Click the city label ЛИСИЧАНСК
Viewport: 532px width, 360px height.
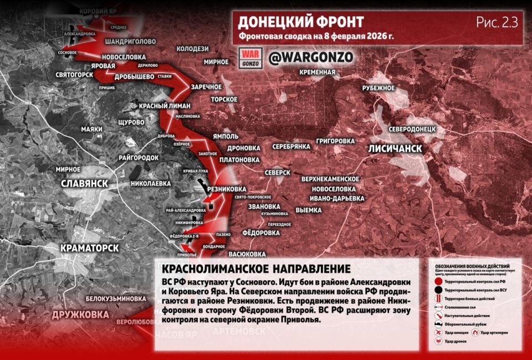coord(395,149)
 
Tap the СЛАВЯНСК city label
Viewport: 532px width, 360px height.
coord(85,183)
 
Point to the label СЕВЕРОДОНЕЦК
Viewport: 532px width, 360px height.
coord(413,128)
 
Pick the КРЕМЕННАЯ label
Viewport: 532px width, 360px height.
coord(317,73)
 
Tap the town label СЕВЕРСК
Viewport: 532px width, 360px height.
coord(278,173)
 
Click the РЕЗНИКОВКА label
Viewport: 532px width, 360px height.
coord(226,188)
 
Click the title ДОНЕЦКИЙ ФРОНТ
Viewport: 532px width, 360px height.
coord(301,22)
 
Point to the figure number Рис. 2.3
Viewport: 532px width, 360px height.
coord(496,22)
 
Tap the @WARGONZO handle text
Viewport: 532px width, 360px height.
coord(310,56)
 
